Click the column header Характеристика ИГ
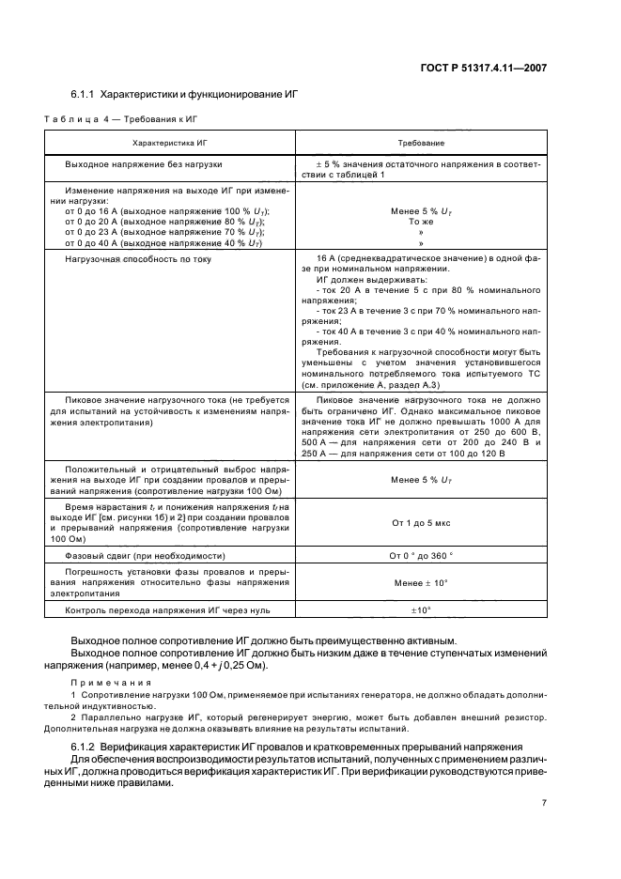point(169,142)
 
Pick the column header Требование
point(420,142)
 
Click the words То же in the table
point(420,222)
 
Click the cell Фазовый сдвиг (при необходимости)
point(145,555)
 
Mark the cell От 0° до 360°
point(420,555)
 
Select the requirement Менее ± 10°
point(420,582)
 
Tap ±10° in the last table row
point(420,610)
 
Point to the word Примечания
point(104,684)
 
